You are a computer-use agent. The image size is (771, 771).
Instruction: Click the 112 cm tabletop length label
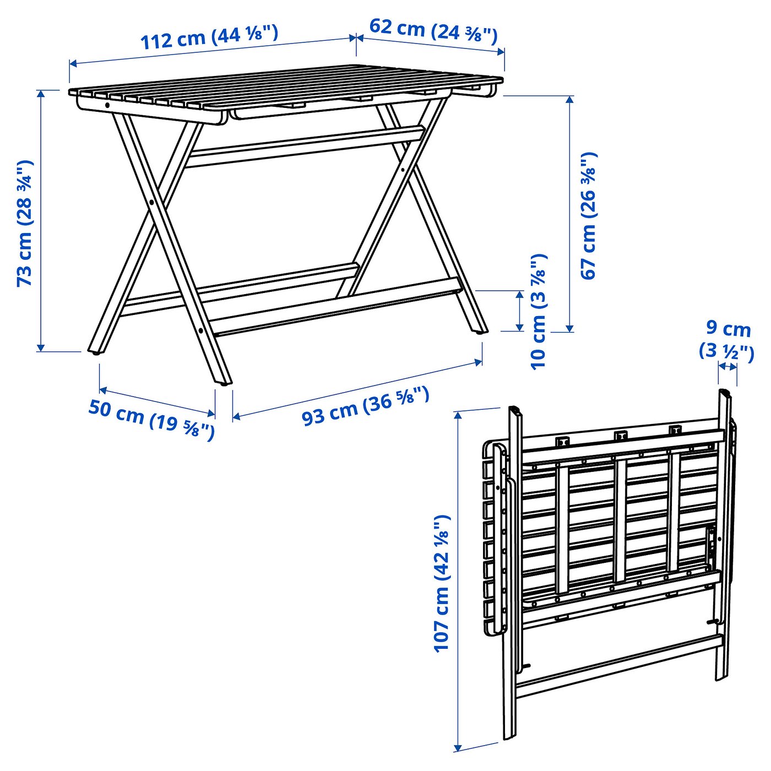pos(209,37)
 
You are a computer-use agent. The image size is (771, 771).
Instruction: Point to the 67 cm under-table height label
pos(589,216)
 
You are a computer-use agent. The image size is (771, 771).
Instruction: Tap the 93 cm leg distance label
pos(365,405)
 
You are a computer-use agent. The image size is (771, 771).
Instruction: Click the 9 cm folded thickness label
pos(726,341)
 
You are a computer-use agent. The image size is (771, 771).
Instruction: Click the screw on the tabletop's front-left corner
pos(107,105)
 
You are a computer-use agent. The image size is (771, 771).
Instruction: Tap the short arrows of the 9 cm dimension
pos(727,366)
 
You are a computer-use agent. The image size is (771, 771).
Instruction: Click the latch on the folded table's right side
pos(710,542)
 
